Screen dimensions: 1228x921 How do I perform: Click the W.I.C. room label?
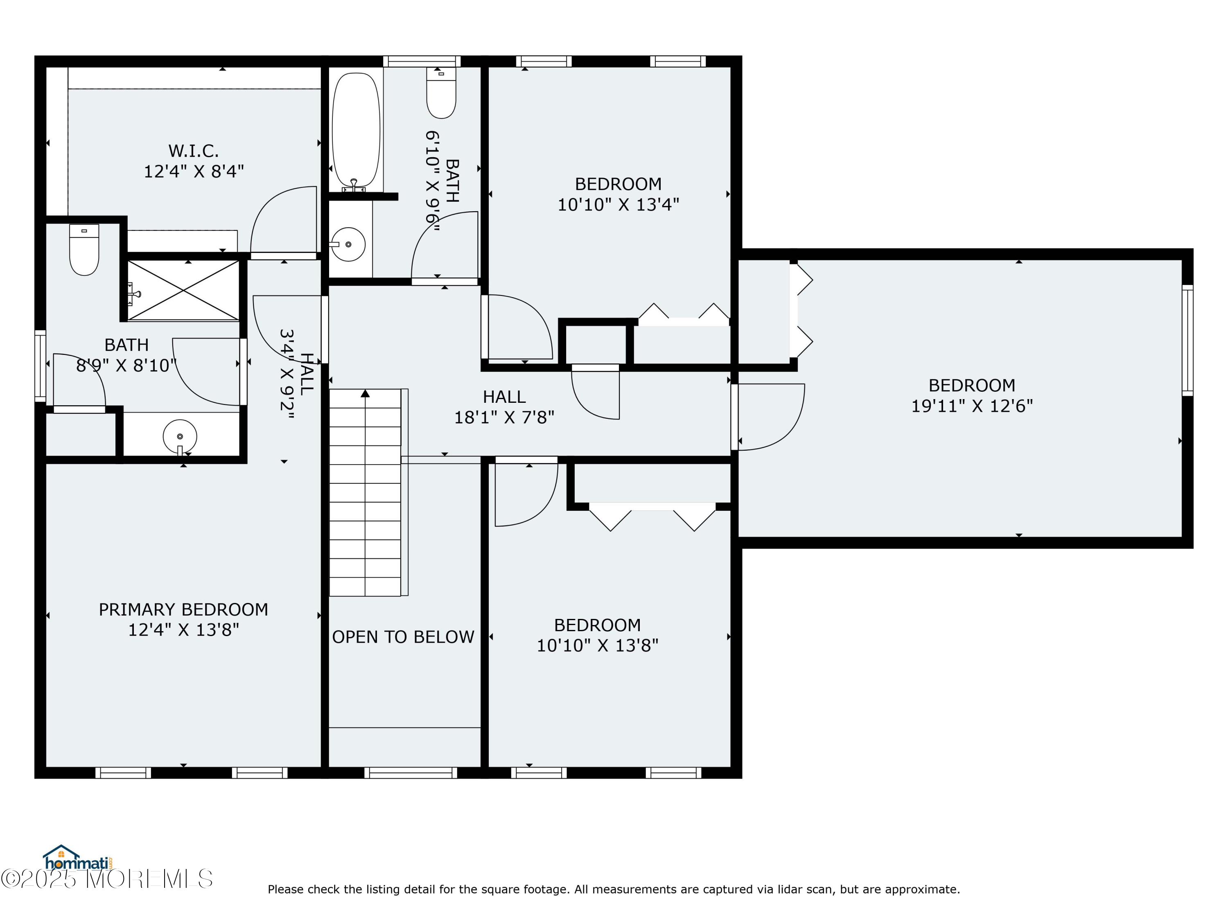click(193, 151)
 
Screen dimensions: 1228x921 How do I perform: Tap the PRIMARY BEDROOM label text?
click(183, 609)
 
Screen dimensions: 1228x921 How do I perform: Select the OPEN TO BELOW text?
click(403, 637)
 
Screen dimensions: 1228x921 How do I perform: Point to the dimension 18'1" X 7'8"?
click(504, 417)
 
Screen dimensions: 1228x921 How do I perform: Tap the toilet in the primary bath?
click(84, 250)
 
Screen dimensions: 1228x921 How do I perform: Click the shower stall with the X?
click(183, 290)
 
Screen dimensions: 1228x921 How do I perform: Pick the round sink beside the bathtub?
click(348, 244)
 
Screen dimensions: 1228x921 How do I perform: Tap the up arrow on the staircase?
click(365, 394)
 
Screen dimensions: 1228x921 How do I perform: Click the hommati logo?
click(78, 859)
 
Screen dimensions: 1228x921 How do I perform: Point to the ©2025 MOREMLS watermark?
click(106, 879)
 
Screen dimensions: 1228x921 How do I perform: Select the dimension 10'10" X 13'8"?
click(597, 646)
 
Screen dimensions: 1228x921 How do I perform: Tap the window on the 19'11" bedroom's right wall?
click(1187, 340)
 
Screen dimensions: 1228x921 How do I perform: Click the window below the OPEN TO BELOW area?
click(411, 773)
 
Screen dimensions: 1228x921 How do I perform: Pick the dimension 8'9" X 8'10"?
click(126, 365)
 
